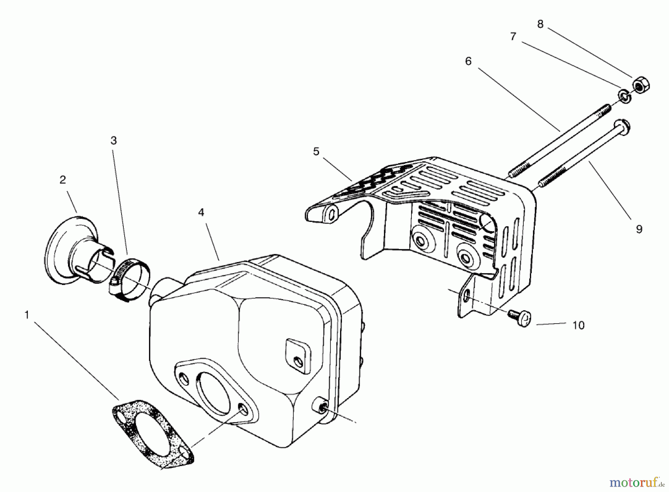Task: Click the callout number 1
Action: [x=26, y=315]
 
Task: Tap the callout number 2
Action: [x=62, y=180]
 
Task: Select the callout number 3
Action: [x=113, y=140]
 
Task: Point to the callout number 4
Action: [x=201, y=213]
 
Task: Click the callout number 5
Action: [x=316, y=152]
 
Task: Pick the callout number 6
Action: [x=468, y=61]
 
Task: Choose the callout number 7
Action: [x=513, y=36]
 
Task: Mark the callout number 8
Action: [x=540, y=24]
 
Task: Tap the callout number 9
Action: [x=639, y=229]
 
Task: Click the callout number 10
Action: [x=578, y=326]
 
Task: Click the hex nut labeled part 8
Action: [x=640, y=85]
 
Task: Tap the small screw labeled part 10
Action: [x=522, y=318]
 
